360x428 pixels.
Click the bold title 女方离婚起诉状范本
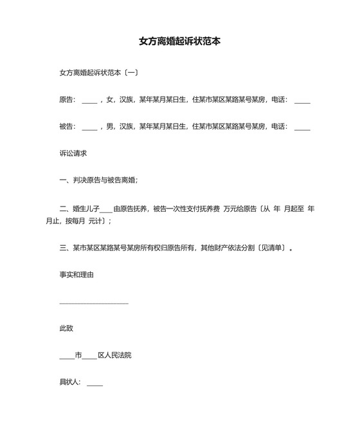point(180,41)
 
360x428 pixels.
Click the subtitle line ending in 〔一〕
point(98,73)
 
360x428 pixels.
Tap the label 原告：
point(67,100)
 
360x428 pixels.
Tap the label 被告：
point(67,127)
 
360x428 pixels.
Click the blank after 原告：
point(90,101)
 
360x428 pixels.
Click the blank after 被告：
point(90,128)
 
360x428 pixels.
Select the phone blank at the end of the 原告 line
point(302,101)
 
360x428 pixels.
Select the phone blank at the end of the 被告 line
point(302,128)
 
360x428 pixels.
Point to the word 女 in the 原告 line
point(110,100)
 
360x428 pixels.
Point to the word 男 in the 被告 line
point(110,127)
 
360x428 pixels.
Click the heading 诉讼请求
point(73,154)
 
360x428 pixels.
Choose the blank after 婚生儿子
point(106,210)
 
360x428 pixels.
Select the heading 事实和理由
point(76,274)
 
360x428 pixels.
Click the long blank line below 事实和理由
point(94,302)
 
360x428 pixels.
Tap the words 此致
point(66,328)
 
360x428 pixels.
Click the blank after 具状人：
point(94,384)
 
